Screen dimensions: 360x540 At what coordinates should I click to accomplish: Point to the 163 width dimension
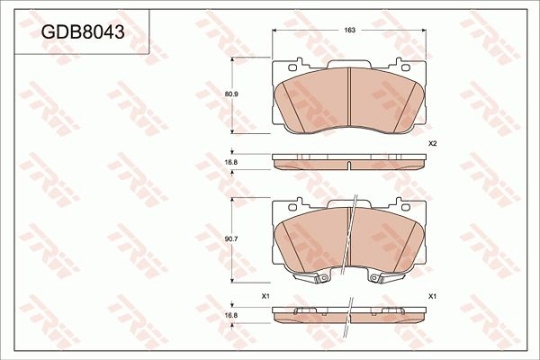pos(350,31)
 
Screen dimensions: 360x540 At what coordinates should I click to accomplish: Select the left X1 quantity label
pos(265,296)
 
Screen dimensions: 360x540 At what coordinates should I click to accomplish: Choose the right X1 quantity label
pos(432,296)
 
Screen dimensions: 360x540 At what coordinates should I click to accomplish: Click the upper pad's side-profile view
pos(349,161)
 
